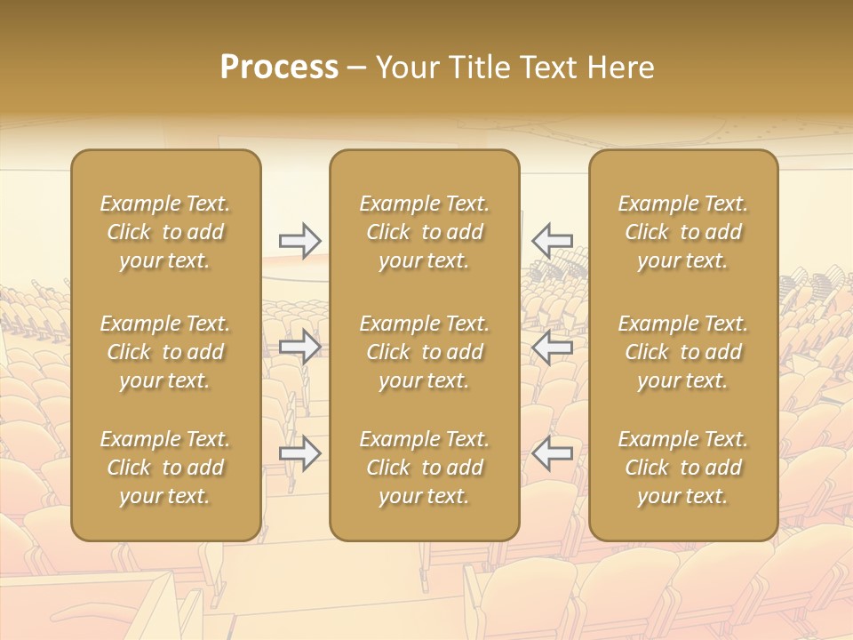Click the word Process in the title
coord(279,68)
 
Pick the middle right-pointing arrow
coord(299,347)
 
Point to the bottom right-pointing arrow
coord(299,453)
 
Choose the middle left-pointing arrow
coord(552,347)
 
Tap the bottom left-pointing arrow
coord(552,453)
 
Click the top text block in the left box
coord(165,232)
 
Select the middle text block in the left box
coord(165,352)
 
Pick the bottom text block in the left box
coord(165,468)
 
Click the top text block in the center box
coord(424,232)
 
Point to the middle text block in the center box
coord(424,352)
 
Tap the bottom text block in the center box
coord(424,468)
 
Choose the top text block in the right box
coord(683,232)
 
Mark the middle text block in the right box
coord(683,352)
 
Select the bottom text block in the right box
coord(683,468)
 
